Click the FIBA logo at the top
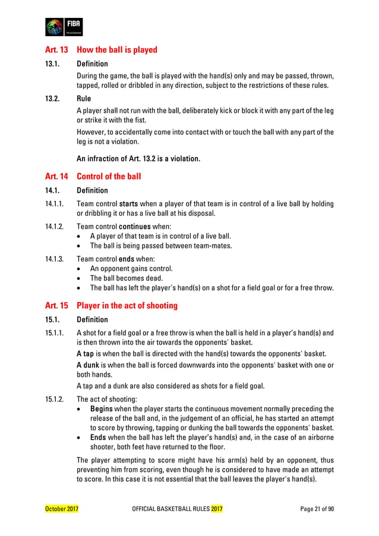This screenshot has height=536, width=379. [x=64, y=27]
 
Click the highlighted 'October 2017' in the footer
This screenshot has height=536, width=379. [x=62, y=510]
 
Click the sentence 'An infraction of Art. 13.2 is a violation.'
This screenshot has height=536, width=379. [x=138, y=159]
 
